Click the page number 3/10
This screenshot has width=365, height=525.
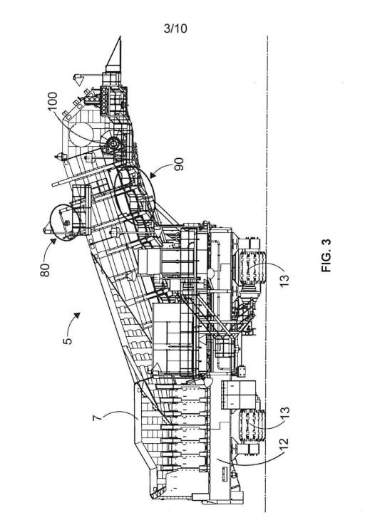point(175,28)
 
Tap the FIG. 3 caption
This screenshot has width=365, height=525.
point(326,256)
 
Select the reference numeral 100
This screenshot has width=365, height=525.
point(53,103)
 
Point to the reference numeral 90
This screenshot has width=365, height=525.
point(180,164)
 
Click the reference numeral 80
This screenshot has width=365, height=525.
point(45,270)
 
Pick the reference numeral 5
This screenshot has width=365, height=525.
point(68,341)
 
